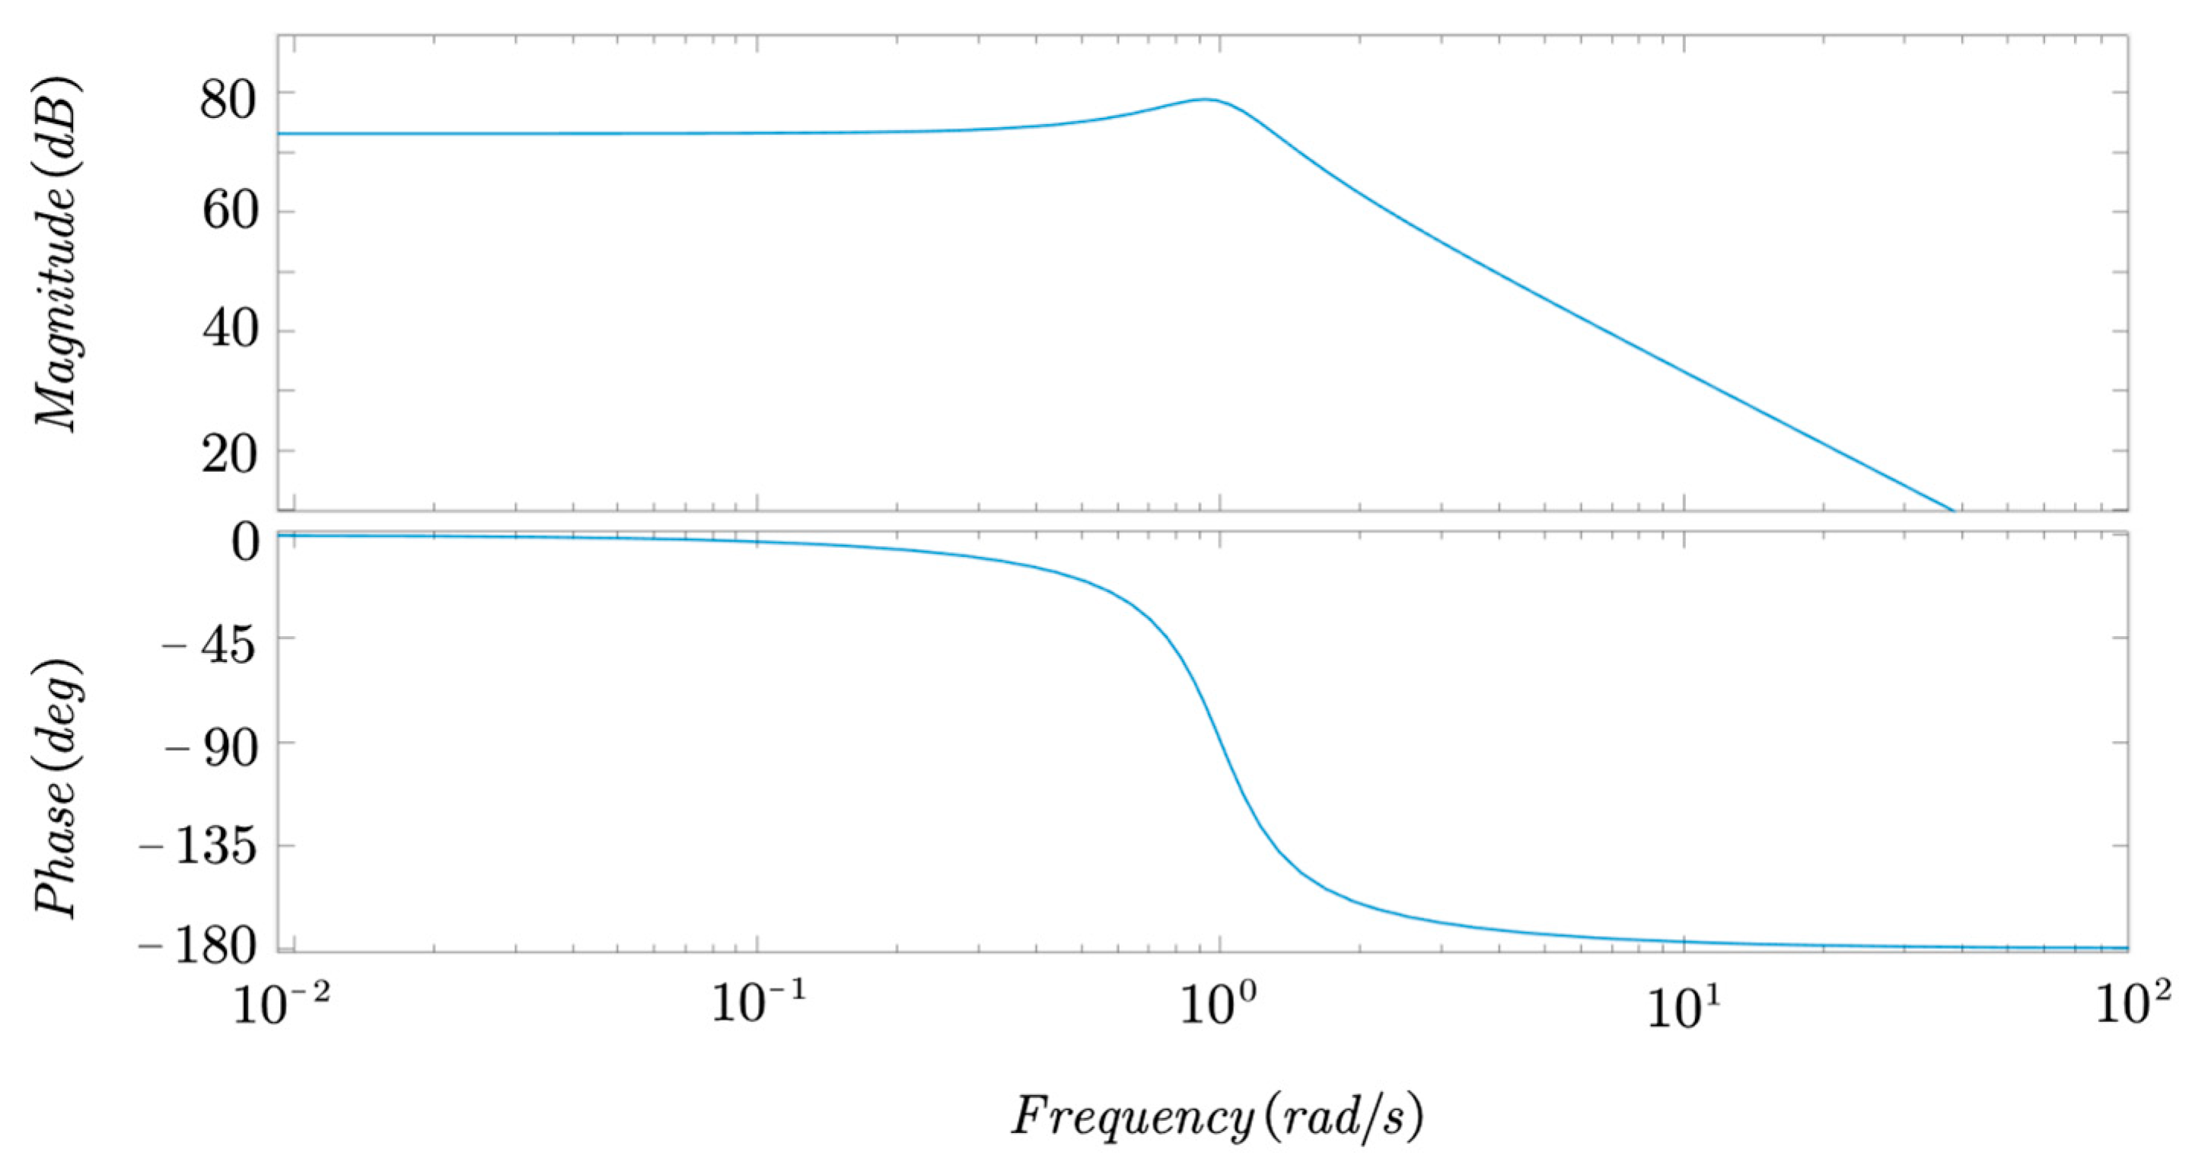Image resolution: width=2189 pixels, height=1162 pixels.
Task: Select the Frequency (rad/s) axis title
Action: point(1216,1116)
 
